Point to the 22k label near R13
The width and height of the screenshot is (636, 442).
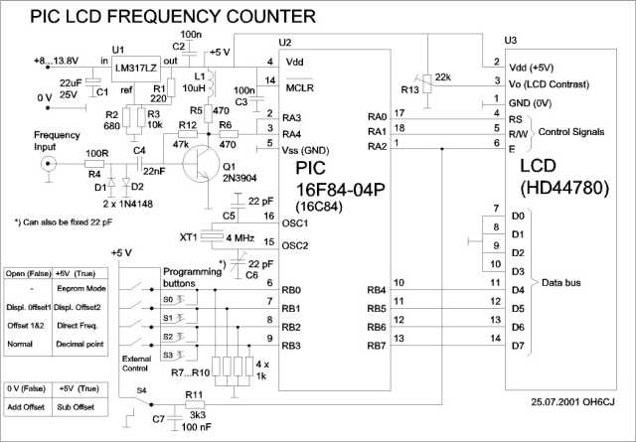(444, 76)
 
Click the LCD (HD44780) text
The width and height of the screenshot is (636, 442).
(561, 175)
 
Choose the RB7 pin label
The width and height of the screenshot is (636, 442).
(377, 346)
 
